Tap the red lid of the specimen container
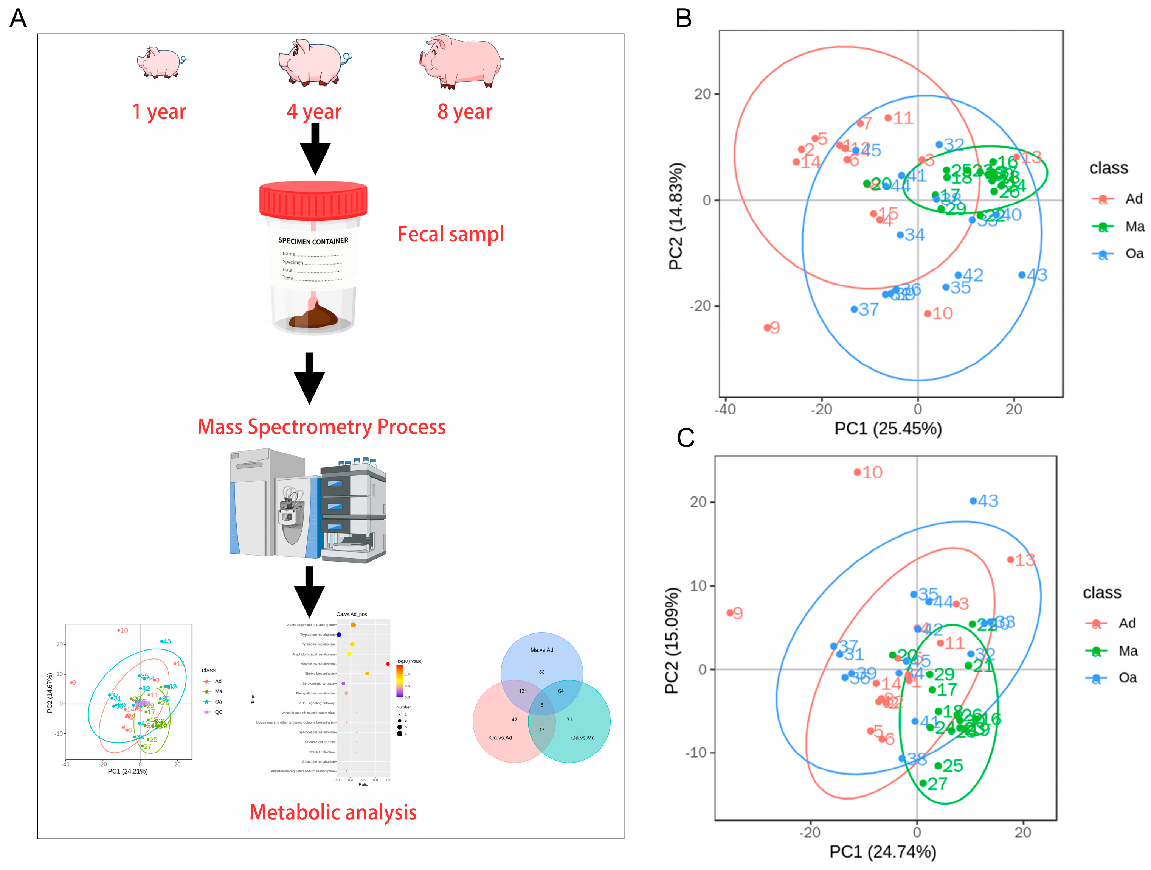(313, 199)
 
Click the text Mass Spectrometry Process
(321, 426)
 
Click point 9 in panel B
(767, 327)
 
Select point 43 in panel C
(973, 501)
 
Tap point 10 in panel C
(857, 472)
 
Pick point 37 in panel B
(854, 309)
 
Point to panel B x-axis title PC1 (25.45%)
(888, 428)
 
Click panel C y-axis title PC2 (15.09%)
(672, 640)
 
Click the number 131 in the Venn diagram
(523, 691)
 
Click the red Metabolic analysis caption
(333, 812)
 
